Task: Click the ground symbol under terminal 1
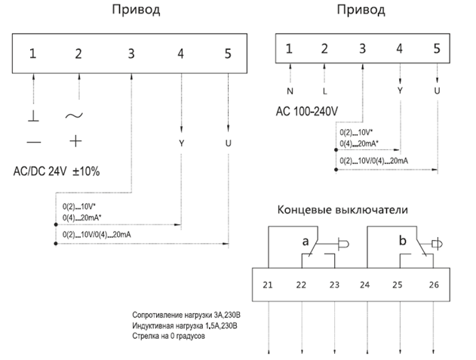(x=33, y=116)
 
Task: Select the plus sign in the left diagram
(x=74, y=140)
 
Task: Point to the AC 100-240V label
(x=308, y=111)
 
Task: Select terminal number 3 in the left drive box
(x=131, y=54)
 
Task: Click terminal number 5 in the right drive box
(x=437, y=49)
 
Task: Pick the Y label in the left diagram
(x=182, y=142)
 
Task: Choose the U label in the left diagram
(x=229, y=142)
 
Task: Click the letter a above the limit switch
(x=306, y=242)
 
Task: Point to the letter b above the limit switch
(x=402, y=241)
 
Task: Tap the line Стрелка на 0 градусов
(x=167, y=336)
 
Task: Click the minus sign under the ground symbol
(x=33, y=141)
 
